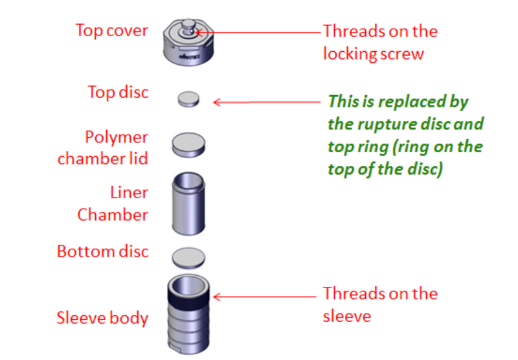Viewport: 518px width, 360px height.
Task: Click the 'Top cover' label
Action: coord(111,30)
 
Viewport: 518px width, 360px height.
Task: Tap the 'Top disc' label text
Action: coord(118,92)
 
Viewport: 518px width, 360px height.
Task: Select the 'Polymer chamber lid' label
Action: coord(103,148)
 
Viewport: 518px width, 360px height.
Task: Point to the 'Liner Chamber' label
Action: coord(113,204)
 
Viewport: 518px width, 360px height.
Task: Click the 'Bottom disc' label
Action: coord(102,251)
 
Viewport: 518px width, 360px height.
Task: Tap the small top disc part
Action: coord(188,99)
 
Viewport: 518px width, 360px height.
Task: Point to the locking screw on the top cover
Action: coord(188,27)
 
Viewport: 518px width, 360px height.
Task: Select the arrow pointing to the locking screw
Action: coord(259,31)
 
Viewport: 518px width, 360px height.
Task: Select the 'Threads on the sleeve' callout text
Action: coord(380,304)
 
